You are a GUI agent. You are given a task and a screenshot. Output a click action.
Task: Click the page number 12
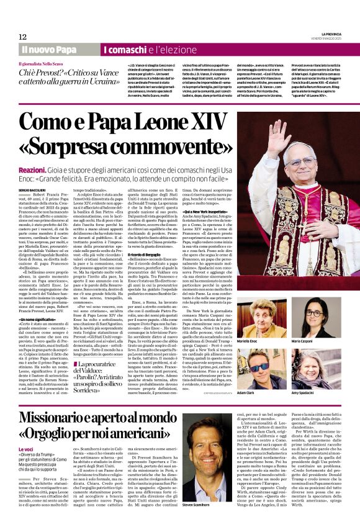pos(23,37)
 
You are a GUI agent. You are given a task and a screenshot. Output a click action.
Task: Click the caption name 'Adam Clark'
pos(263,393)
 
